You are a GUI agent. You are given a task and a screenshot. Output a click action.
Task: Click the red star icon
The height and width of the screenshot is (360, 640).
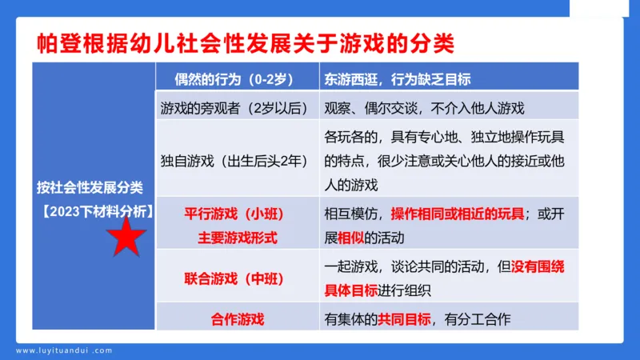127,237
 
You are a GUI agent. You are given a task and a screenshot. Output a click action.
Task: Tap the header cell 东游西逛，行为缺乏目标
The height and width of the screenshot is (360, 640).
397,80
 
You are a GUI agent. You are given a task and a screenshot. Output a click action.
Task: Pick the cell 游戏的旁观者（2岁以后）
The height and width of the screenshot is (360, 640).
230,106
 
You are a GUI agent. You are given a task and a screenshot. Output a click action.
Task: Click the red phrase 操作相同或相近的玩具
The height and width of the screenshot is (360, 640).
458,214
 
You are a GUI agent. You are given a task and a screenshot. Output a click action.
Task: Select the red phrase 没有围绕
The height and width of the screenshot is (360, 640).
538,266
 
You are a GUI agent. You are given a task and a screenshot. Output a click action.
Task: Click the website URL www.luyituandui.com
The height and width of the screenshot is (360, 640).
65,350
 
